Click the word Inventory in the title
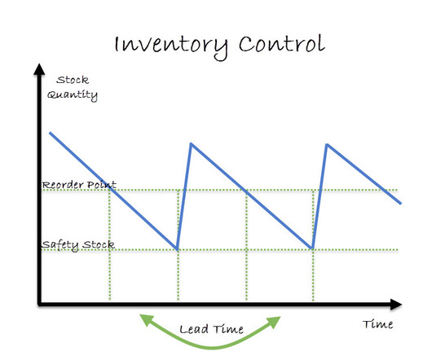coord(170,46)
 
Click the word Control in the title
coord(281,43)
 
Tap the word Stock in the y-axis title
coord(73,80)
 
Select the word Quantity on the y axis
coord(73,95)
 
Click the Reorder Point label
coord(79,184)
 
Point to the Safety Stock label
coord(78,244)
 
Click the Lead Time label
coord(211,329)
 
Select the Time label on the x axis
coord(377,324)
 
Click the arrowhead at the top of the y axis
coord(39,68)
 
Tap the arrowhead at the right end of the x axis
coord(396,304)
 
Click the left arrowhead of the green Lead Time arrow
coord(146,320)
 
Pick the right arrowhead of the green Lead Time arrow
coord(274,322)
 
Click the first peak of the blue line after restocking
coord(191,143)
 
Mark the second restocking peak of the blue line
coord(327,144)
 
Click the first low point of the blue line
coord(177,249)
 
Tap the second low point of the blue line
coord(312,248)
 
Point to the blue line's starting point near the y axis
coord(51,133)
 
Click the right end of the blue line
coord(401,204)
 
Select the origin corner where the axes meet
coord(40,304)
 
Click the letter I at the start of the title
coord(117,44)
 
